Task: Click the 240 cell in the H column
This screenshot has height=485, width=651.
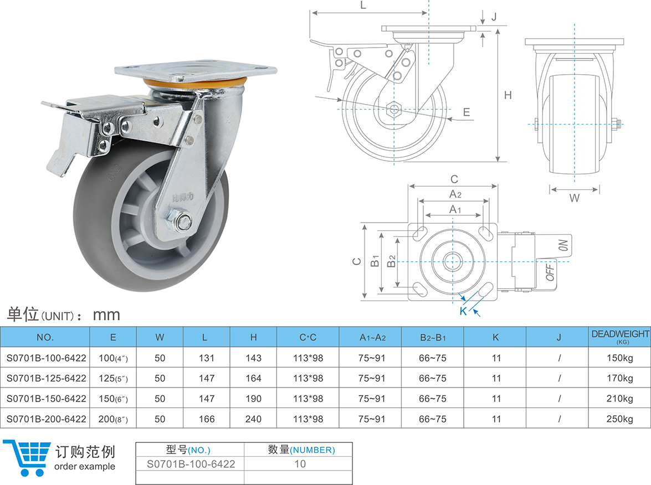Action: pos(253,419)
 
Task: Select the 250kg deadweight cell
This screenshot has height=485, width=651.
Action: pos(619,419)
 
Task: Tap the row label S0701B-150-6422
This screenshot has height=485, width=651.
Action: pos(46,399)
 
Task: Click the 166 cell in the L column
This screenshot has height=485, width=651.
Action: pos(207,419)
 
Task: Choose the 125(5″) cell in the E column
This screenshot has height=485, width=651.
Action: pos(112,378)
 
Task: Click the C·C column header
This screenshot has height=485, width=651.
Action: pos(307,337)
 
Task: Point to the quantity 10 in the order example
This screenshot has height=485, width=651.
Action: pos(300,464)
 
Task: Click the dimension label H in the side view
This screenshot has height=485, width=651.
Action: pos(508,95)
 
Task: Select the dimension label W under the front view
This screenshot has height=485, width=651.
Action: pos(575,198)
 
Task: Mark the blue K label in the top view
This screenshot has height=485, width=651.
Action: pos(463,311)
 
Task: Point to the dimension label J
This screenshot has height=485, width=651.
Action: pos(493,17)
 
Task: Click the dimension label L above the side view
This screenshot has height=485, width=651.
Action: pos(363,6)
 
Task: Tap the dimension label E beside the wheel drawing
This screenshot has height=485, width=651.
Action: pos(467,112)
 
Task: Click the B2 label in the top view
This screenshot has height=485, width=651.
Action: pos(391,261)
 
